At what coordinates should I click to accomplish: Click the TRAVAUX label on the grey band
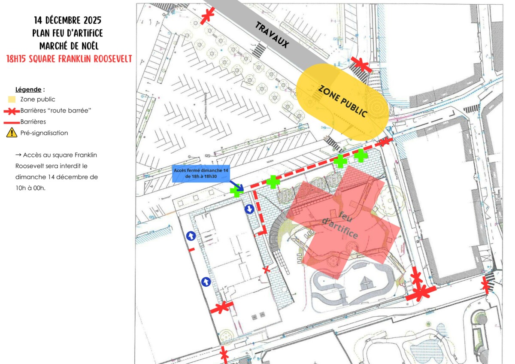272,35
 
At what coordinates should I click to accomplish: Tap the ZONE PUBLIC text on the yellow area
342,101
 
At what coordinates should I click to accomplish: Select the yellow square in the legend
12,100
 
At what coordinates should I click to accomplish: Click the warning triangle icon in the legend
12,133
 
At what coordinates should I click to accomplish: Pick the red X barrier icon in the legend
12,111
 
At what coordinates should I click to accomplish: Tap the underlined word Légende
29,90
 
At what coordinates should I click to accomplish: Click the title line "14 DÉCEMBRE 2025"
68,21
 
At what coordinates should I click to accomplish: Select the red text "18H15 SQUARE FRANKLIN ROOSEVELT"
69,59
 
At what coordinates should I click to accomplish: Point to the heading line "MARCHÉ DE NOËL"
68,46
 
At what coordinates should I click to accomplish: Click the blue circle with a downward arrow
249,209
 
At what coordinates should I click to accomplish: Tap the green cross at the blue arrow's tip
236,191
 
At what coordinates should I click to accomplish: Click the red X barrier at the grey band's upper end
208,15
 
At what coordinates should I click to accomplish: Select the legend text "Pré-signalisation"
44,133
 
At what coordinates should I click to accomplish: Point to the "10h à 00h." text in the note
30,188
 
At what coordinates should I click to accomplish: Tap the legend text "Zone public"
38,100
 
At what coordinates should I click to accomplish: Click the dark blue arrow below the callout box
236,185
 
